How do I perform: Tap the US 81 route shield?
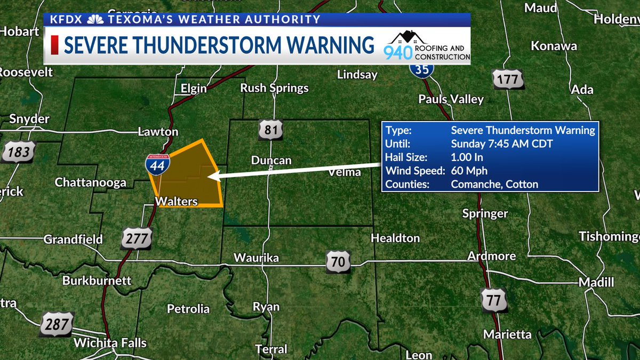coord(270,130)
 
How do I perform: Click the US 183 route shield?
coord(19,152)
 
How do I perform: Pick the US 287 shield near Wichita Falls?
coord(57,324)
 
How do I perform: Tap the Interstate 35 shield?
coord(422,68)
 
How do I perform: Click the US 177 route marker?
coord(508,78)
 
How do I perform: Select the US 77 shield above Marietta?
coord(493,300)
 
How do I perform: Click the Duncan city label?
coord(271,161)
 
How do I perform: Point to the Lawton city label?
coord(157,132)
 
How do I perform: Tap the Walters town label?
coord(177,202)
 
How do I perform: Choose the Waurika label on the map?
coord(256,258)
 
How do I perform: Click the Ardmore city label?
coord(491,256)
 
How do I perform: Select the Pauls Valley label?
coord(451,99)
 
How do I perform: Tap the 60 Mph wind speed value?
coord(469,171)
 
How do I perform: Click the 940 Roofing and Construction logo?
coord(427,46)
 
